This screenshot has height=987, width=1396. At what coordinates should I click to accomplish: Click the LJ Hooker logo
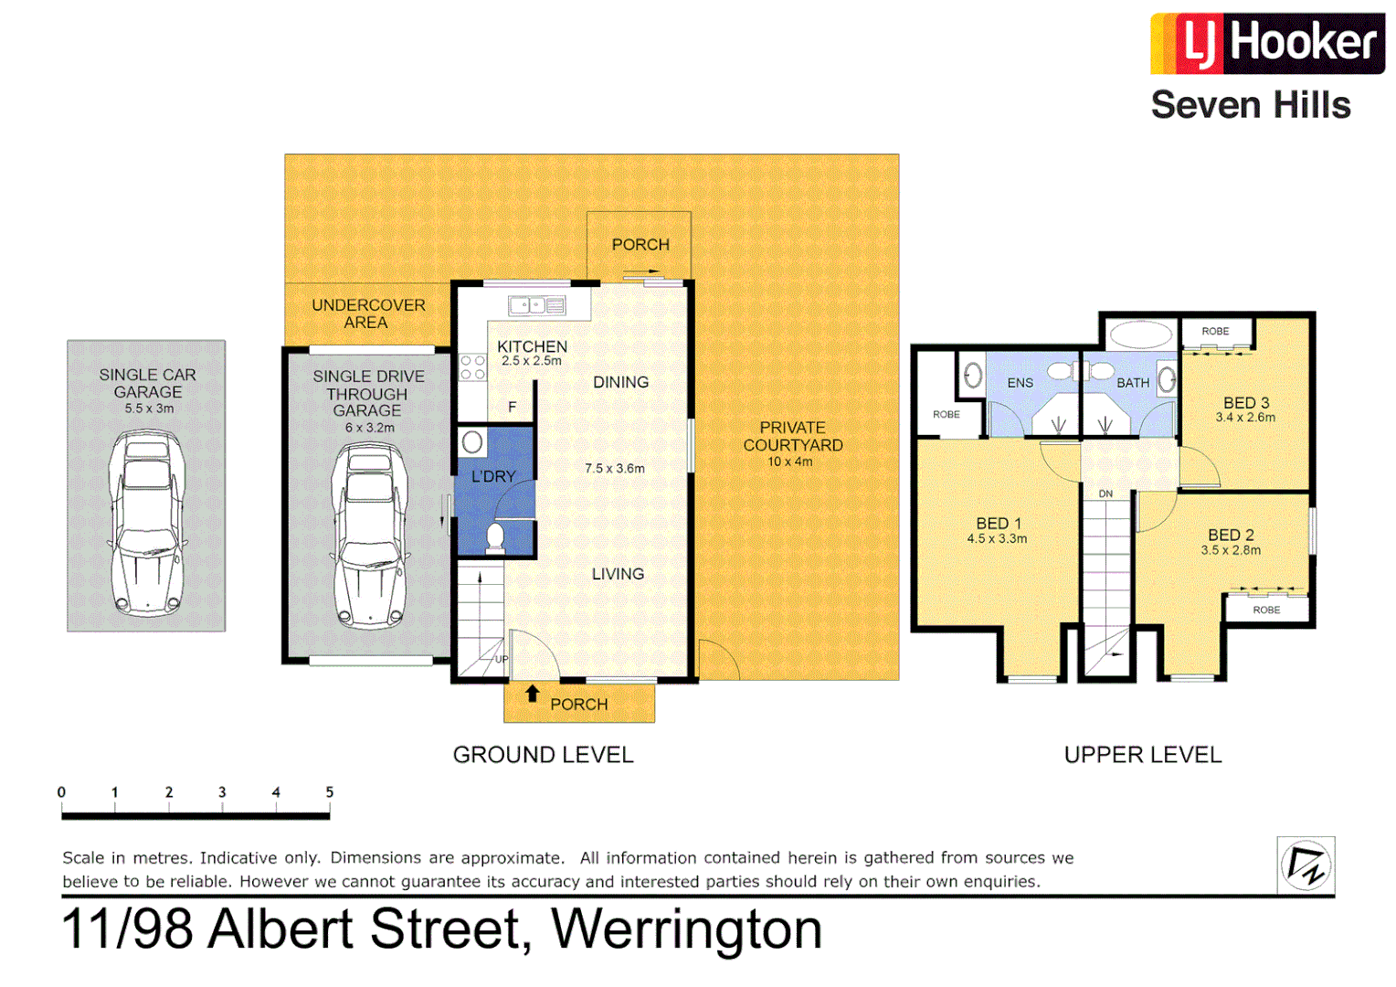[1266, 43]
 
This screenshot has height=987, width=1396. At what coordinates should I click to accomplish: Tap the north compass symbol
[1306, 865]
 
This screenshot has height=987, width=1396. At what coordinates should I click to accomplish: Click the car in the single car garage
[146, 523]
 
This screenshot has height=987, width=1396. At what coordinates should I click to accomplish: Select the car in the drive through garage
[369, 536]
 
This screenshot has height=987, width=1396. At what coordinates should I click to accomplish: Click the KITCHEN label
[532, 346]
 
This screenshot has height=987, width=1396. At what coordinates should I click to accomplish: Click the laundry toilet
[495, 537]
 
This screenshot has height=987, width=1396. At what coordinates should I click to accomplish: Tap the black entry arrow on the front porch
[532, 694]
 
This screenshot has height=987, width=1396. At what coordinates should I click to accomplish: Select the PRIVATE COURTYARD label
[792, 436]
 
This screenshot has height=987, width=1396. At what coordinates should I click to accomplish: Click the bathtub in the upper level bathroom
[1140, 334]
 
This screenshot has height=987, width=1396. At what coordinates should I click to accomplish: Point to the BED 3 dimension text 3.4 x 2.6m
[1245, 418]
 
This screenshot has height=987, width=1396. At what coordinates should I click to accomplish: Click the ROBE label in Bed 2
[1266, 610]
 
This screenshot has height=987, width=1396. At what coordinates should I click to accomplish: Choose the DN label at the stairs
[1105, 493]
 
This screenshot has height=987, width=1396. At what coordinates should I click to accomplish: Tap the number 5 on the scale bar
[329, 792]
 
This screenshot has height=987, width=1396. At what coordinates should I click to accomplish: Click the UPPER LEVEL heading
[1142, 755]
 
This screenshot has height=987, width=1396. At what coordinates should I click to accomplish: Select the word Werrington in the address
[686, 929]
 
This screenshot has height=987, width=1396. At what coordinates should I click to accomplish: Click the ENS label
[1020, 383]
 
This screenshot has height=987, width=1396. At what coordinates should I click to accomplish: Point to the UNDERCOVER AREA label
[368, 313]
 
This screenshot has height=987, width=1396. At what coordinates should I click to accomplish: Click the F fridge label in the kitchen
[513, 407]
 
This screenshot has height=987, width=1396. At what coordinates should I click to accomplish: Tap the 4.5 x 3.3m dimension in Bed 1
[997, 539]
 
